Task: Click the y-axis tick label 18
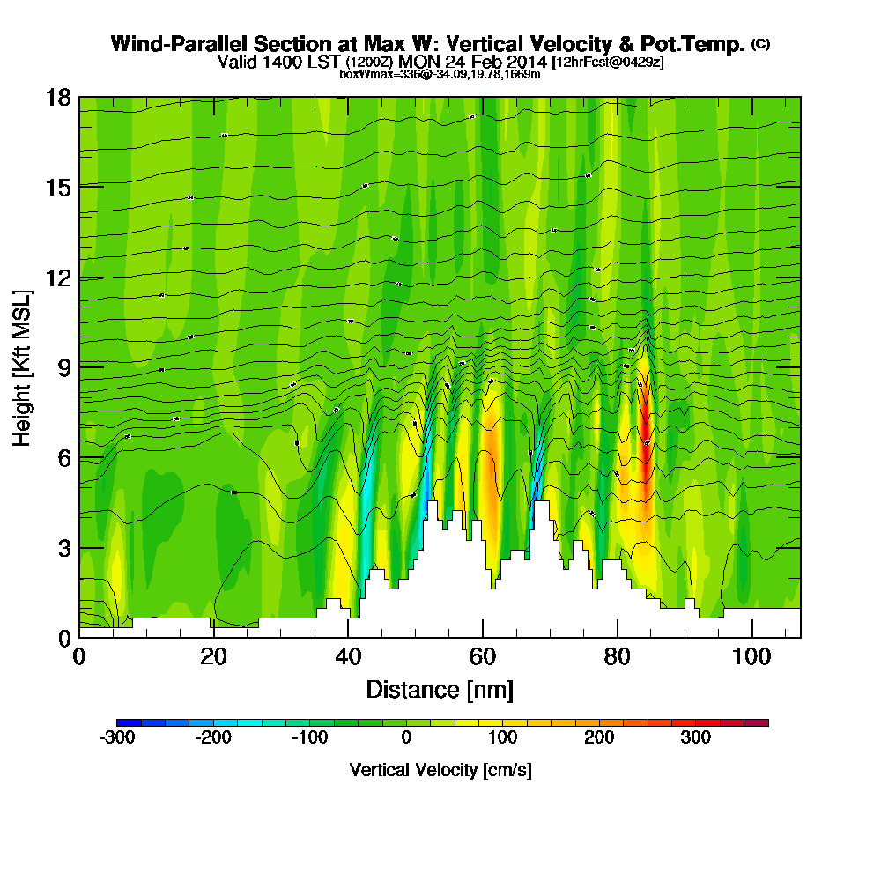click(x=58, y=97)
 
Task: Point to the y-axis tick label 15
click(x=58, y=187)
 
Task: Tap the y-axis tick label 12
click(x=58, y=278)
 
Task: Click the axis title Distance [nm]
click(x=440, y=689)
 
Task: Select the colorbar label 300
click(x=696, y=738)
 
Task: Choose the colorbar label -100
click(x=309, y=738)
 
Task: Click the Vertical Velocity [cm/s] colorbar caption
click(x=440, y=770)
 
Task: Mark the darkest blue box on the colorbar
click(x=122, y=722)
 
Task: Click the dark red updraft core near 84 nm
click(x=645, y=414)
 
